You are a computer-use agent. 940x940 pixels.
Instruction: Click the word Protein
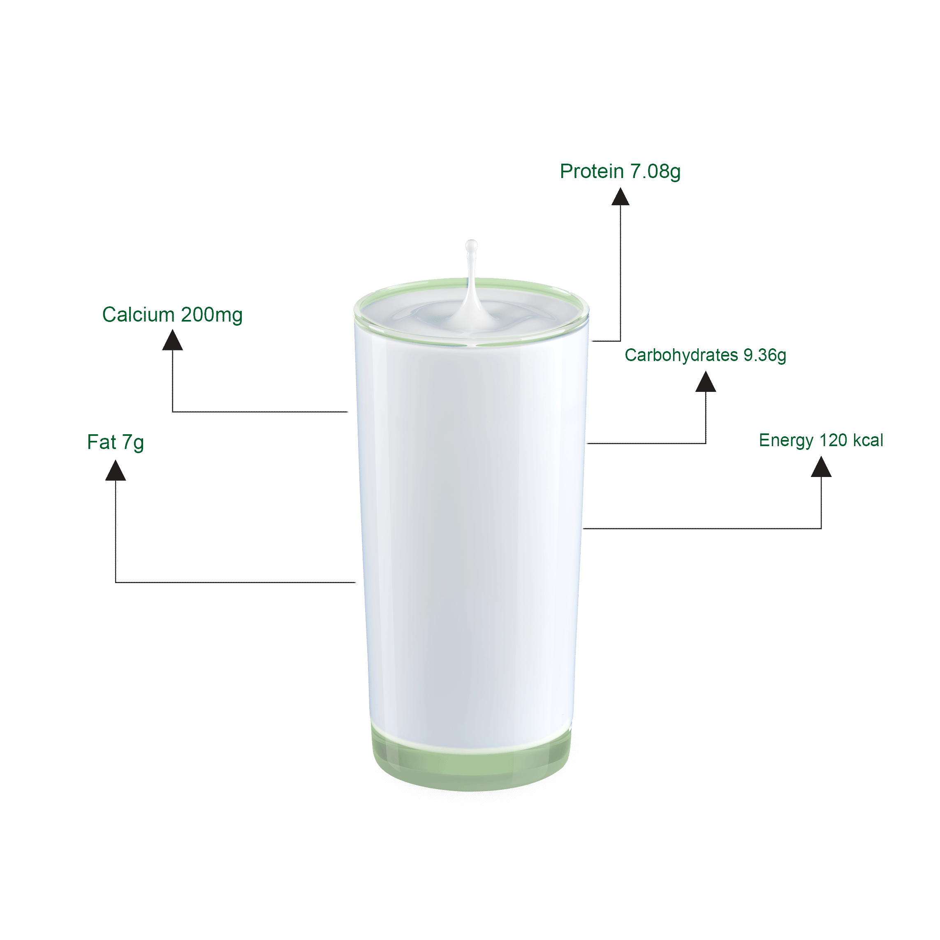coord(592,171)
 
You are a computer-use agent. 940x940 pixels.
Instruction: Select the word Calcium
coord(138,315)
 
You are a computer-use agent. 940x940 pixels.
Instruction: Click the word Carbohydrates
coord(681,355)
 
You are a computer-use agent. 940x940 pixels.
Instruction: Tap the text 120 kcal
coord(852,440)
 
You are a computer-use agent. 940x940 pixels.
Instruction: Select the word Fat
coord(102,442)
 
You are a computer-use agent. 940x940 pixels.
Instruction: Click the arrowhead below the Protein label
coord(620,197)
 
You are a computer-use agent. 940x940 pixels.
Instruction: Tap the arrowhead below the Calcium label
coord(172,340)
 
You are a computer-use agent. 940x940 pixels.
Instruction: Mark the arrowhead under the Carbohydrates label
coord(706,382)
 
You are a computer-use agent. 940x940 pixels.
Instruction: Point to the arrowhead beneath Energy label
coord(821,467)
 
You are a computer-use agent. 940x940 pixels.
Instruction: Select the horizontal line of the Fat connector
coord(236,582)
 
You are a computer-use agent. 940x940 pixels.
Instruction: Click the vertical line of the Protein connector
coord(620,273)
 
